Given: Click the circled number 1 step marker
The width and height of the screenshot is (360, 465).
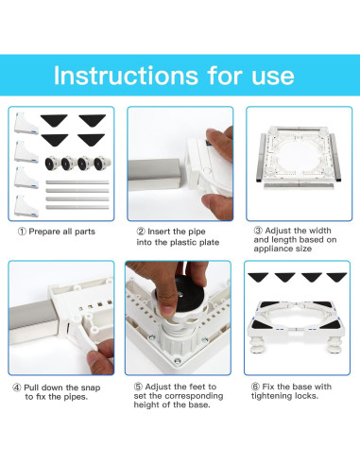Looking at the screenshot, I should coord(22,231).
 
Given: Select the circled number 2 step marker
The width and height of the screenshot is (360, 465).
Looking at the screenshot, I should coord(140,231).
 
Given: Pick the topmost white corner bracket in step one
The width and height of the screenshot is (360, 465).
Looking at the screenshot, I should coord(27,120).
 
